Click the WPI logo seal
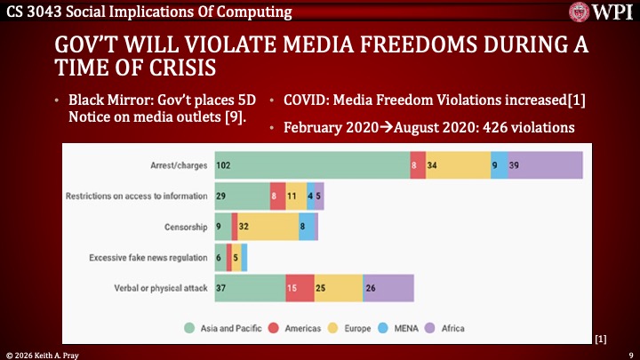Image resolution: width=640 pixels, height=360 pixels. click(x=579, y=12)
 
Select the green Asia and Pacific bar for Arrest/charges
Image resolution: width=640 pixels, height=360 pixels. click(x=312, y=165)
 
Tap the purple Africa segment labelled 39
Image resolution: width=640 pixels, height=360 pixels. click(x=545, y=165)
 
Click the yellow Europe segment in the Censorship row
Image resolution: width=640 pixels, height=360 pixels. click(x=268, y=227)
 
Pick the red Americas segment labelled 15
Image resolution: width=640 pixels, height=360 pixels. click(x=300, y=288)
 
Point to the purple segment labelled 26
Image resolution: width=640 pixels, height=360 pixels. click(x=388, y=288)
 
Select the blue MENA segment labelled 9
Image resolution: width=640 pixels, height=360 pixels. click(x=500, y=165)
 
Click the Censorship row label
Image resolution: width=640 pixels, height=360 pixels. click(x=186, y=227)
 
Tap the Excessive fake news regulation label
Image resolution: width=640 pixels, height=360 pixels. click(x=148, y=258)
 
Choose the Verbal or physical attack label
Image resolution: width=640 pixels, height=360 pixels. click(x=161, y=288)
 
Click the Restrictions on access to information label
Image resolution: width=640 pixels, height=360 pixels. click(x=137, y=196)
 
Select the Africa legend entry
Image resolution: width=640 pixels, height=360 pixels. click(x=445, y=328)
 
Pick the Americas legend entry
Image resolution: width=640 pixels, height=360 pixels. click(x=294, y=328)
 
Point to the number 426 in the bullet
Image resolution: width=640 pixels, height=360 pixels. click(x=495, y=127)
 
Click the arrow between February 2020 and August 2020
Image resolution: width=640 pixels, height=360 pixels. click(x=386, y=127)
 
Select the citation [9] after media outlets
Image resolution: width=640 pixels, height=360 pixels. click(x=235, y=117)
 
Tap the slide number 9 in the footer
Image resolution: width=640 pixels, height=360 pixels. click(x=631, y=356)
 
